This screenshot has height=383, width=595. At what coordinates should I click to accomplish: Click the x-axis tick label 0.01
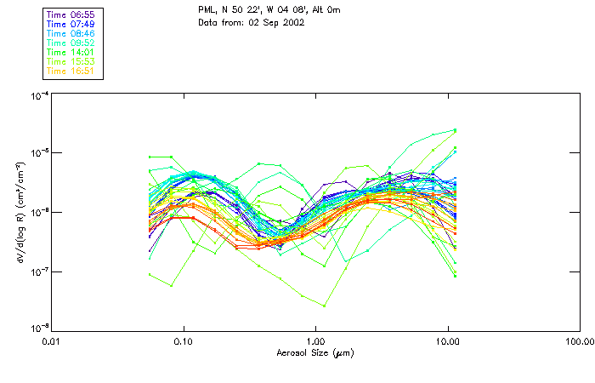click(x=52, y=341)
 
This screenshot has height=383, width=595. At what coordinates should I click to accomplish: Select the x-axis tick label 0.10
click(x=184, y=341)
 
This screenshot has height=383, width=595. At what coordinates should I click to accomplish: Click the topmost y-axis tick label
click(x=37, y=95)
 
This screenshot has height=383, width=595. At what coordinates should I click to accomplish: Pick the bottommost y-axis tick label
click(x=37, y=328)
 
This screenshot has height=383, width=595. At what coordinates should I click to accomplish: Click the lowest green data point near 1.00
click(x=324, y=306)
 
